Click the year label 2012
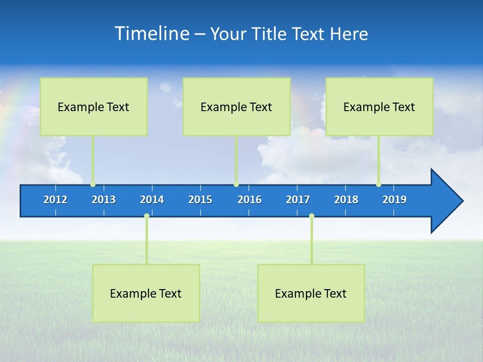[55, 200]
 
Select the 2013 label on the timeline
[104, 200]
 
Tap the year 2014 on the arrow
[152, 200]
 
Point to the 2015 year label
[200, 200]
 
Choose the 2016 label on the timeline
[250, 200]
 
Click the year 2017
[298, 200]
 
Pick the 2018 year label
[346, 200]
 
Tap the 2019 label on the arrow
[394, 200]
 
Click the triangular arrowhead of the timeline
[445, 201]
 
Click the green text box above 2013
[94, 107]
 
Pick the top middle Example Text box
[236, 107]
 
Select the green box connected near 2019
[379, 107]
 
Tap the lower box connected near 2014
[146, 293]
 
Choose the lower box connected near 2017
[311, 293]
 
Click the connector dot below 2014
[146, 216]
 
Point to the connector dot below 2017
[311, 216]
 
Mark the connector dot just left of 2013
[93, 185]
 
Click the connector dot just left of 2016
[236, 185]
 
